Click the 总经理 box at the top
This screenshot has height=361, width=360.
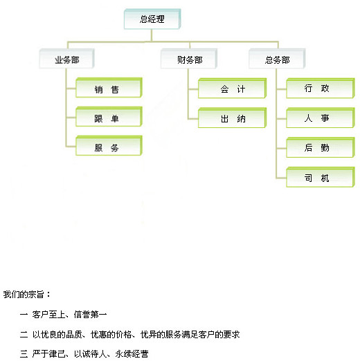point(152,19)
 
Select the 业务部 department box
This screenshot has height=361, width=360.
point(66,59)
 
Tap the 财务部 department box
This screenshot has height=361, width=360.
point(189,59)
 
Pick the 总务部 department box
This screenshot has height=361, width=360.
point(277,59)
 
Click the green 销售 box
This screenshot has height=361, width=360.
point(109,88)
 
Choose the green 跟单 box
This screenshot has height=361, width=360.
point(109,117)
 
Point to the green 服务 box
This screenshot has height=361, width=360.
point(109,146)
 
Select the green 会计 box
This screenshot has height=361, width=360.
point(233,89)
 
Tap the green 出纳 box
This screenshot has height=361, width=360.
point(233,118)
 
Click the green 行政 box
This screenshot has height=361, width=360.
point(321,89)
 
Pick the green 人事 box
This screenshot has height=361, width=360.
point(321,118)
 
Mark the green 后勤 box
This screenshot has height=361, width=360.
point(321,147)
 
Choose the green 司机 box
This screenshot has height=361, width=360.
point(321,177)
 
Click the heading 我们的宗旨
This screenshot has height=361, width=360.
point(24,295)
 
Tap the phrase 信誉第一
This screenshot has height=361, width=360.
point(90,315)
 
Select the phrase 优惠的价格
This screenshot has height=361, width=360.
point(111,335)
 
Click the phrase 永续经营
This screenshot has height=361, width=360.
point(132,354)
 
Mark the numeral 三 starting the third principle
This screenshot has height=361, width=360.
point(24,354)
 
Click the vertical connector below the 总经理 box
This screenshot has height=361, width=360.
point(152,35)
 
